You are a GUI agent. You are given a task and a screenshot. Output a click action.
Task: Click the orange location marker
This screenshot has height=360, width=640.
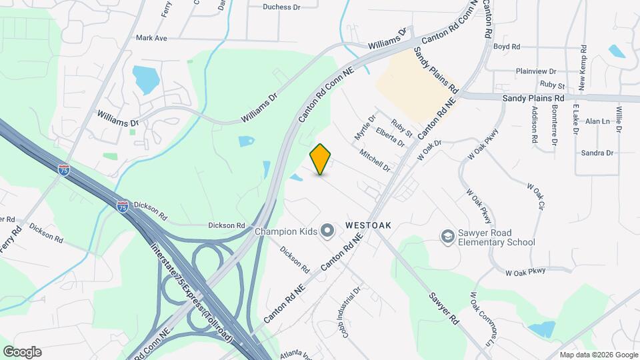point(321,159)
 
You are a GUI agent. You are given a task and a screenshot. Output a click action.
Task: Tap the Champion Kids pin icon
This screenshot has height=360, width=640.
point(327,231)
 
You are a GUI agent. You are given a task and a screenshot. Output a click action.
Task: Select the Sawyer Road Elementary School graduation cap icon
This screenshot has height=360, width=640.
point(447,237)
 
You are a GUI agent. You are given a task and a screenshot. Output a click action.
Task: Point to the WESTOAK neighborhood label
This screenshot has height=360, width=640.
point(368,226)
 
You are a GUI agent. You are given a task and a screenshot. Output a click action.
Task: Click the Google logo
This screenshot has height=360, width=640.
point(22,352)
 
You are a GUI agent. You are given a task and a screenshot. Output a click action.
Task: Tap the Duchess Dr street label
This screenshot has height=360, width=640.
point(282,7)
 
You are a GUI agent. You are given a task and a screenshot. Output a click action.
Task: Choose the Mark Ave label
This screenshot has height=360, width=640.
point(151,38)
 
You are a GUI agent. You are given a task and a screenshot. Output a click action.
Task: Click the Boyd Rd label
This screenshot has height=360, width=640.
point(506,47)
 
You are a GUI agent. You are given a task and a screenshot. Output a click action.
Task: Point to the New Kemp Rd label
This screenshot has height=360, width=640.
point(583,67)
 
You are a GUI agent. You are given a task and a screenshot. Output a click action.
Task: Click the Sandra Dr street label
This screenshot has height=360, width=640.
point(597,153)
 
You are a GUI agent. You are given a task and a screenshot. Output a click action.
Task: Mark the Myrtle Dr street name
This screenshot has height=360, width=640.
point(362,126)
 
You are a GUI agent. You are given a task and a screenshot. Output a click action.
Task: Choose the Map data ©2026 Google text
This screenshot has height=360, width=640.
point(599,355)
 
